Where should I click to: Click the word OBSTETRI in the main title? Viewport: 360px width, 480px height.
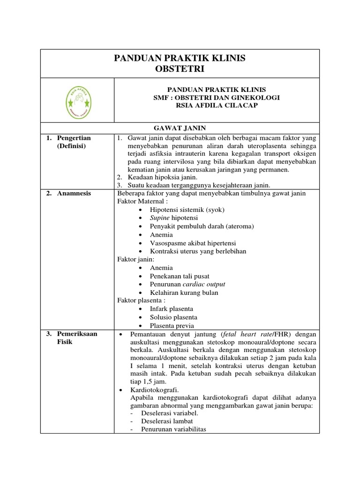(180, 69)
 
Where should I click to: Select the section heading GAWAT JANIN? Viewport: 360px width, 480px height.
(180, 128)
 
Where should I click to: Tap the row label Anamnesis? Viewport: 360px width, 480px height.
(74, 193)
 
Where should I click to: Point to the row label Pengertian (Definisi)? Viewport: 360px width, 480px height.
(74, 142)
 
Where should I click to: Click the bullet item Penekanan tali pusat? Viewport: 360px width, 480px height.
(180, 276)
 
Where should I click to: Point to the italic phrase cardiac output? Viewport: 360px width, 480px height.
(207, 284)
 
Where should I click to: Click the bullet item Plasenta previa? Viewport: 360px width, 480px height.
(172, 326)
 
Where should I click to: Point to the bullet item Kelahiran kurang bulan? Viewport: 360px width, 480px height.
(184, 292)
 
